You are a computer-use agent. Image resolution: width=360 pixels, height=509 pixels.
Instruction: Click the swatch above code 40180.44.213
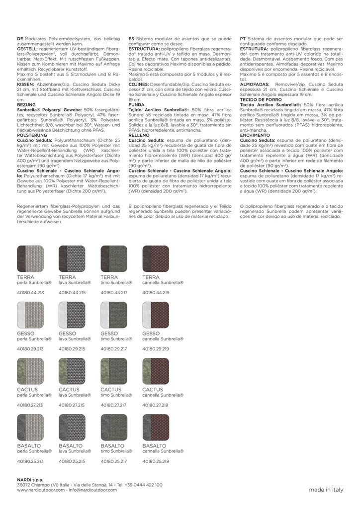30,258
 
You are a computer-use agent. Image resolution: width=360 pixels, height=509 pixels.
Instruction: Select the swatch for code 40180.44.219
156,258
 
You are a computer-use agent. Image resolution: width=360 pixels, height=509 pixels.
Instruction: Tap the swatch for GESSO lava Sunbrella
72,314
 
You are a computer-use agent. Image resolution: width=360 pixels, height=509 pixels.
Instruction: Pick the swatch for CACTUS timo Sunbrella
114,371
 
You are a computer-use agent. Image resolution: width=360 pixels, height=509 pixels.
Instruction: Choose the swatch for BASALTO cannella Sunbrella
156,427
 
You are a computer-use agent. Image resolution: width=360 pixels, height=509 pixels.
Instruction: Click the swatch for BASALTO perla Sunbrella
30,427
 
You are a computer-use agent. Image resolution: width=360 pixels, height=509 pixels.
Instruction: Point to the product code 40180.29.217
114,349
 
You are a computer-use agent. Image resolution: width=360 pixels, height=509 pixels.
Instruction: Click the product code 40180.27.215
72,405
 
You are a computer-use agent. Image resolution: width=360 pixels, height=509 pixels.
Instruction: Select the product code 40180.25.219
156,461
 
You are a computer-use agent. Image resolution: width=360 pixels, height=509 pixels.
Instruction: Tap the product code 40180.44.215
72,293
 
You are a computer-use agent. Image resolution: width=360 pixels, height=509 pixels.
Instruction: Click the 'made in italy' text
326,490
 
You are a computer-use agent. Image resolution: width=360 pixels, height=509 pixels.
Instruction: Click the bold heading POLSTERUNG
32,135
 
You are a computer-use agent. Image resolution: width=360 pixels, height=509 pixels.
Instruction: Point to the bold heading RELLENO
139,135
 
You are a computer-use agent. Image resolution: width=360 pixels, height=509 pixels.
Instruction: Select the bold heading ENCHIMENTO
255,135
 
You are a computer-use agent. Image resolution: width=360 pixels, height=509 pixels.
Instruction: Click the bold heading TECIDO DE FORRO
262,100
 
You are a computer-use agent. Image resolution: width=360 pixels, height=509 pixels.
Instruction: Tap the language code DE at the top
20,38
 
